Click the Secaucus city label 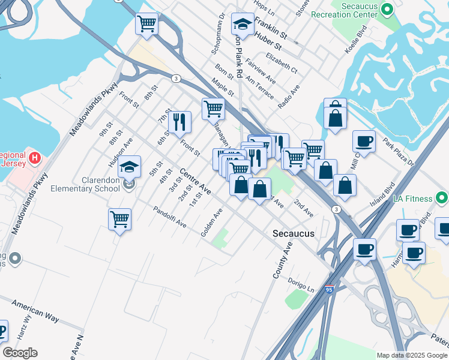[293, 233]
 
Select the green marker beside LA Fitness [442, 197]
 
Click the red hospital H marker [35, 158]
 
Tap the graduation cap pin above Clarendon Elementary [129, 167]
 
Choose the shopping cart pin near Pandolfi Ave [119, 220]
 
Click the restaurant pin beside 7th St [179, 122]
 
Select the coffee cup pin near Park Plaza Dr [364, 142]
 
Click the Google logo [20, 353]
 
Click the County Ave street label [282, 260]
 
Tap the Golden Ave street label [211, 222]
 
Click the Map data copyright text [412, 355]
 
